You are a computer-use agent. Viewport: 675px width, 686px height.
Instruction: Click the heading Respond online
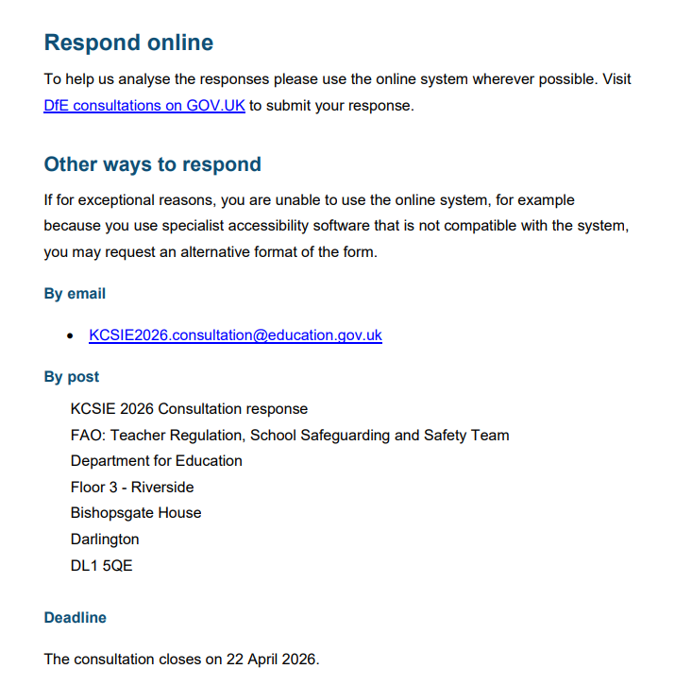128,43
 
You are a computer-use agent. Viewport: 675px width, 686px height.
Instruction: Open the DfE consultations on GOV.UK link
143,106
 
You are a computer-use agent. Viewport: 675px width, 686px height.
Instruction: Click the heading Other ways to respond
152,164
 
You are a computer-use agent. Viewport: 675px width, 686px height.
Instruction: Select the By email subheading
75,294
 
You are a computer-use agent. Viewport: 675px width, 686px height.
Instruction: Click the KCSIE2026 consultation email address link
235,335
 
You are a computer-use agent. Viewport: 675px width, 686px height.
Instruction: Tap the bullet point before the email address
71,335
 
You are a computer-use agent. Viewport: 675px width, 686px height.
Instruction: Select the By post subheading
71,377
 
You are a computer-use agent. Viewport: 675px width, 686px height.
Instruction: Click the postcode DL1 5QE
101,566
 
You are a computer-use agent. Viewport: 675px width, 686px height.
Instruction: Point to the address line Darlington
104,540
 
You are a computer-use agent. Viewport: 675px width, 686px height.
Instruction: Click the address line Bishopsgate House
135,513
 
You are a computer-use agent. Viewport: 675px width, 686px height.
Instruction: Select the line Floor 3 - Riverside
132,488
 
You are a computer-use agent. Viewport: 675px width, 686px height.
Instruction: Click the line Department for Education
156,461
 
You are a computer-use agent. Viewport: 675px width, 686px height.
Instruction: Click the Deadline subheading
75,618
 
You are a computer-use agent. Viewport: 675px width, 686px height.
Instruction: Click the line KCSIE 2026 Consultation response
189,409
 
